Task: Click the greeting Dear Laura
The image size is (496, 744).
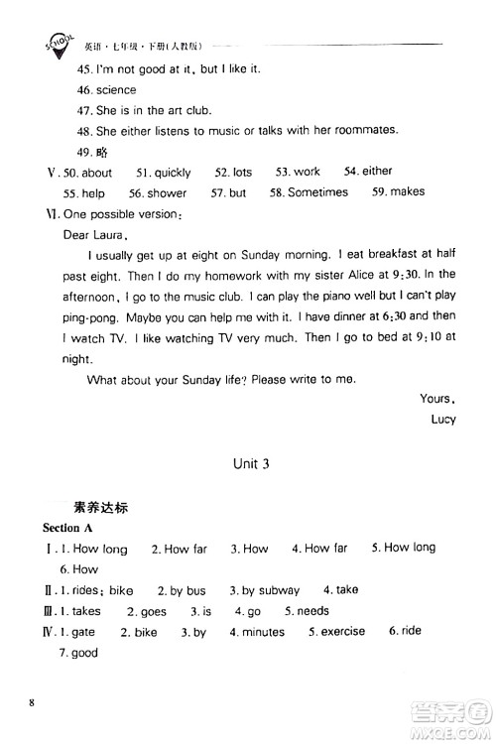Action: tap(92, 235)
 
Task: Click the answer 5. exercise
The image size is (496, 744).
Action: tap(336, 631)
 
